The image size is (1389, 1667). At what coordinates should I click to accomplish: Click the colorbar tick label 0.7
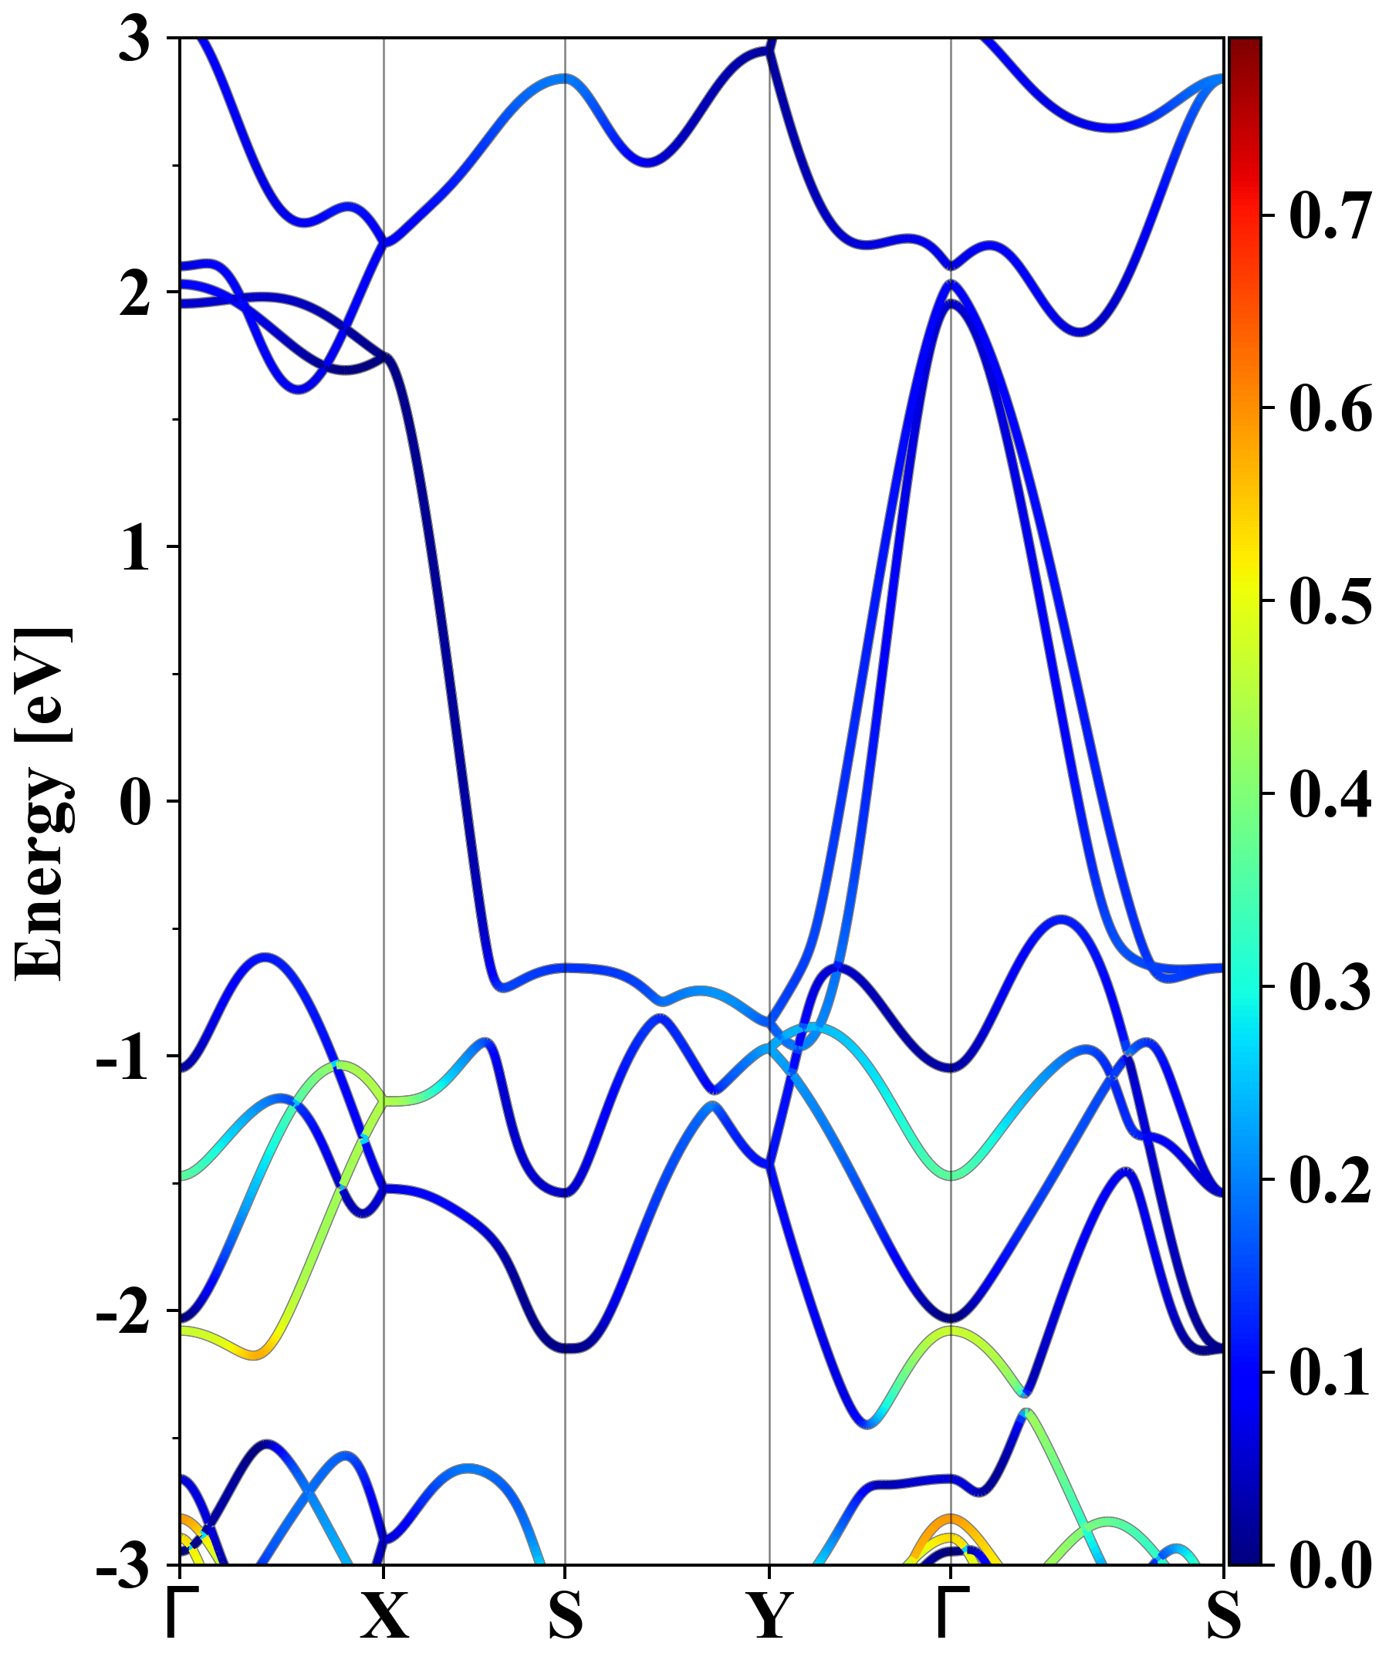tap(1330, 215)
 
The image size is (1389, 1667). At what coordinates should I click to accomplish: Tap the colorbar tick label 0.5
tap(1330, 600)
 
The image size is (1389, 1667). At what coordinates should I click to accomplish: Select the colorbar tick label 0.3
tap(1330, 986)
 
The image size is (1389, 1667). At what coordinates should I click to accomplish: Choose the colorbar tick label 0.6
tap(1330, 408)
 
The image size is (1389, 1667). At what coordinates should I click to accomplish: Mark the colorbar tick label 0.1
tap(1330, 1371)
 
